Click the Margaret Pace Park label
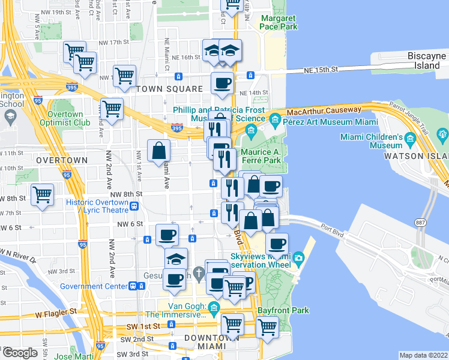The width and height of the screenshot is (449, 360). pos(279,22)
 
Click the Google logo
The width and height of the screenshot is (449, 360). pos(20,353)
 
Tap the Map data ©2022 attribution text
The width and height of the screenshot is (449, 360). pos(423,355)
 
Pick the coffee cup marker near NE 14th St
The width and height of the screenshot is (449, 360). pos(222,82)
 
